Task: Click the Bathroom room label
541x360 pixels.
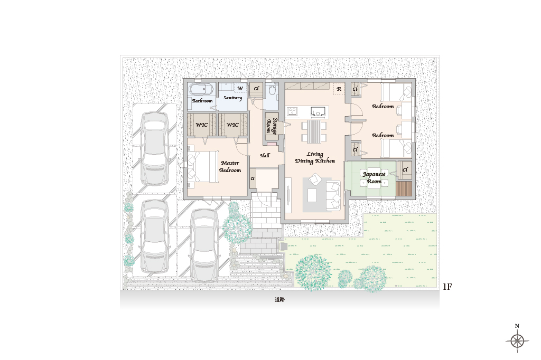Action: pyautogui.click(x=202, y=101)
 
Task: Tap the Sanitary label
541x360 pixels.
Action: pyautogui.click(x=232, y=98)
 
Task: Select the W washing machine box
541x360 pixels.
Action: pyautogui.click(x=240, y=88)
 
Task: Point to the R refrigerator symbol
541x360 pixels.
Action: pyautogui.click(x=339, y=89)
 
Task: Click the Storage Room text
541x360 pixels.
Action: pyautogui.click(x=272, y=126)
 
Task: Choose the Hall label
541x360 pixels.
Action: pyautogui.click(x=265, y=156)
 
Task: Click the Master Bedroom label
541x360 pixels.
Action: pyautogui.click(x=230, y=166)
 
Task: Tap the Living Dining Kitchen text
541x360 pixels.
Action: pyautogui.click(x=315, y=158)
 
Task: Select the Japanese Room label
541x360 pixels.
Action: pyautogui.click(x=374, y=177)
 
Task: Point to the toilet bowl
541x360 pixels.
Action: pyautogui.click(x=272, y=91)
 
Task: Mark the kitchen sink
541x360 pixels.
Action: pyautogui.click(x=318, y=111)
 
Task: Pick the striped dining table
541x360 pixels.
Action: pyautogui.click(x=314, y=131)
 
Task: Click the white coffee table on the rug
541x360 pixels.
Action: pyautogui.click(x=312, y=196)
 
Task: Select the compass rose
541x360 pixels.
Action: pyautogui.click(x=517, y=341)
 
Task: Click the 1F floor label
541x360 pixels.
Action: pyautogui.click(x=447, y=287)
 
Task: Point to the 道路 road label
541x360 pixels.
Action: pyautogui.click(x=280, y=300)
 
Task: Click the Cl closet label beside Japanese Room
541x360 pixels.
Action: pyautogui.click(x=405, y=169)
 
